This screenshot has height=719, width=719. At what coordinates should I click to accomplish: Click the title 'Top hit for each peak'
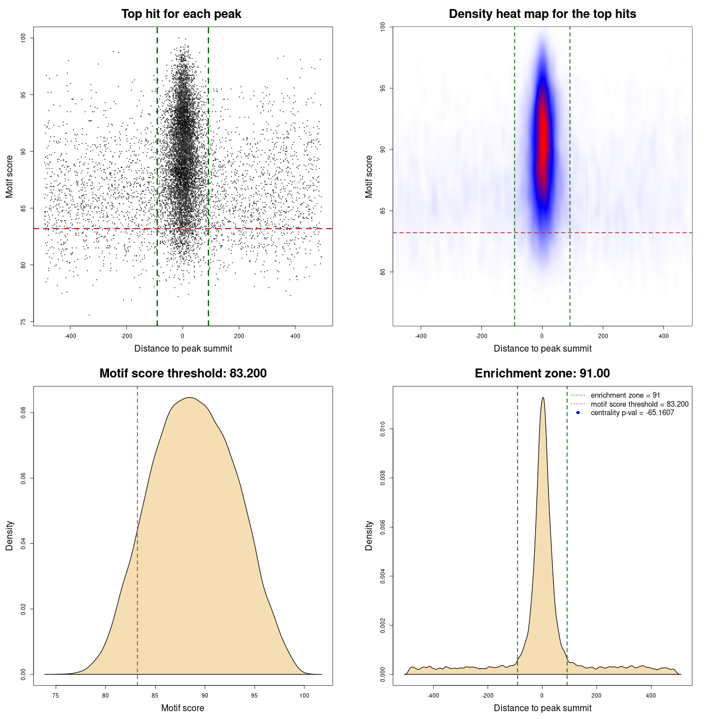[181, 14]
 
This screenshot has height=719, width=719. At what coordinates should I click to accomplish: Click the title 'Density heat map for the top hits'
[542, 14]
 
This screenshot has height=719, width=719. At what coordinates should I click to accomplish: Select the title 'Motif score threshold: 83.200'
[183, 374]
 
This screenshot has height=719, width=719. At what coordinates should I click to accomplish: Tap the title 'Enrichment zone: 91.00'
[542, 374]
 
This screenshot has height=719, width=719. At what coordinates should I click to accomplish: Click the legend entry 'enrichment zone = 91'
[625, 395]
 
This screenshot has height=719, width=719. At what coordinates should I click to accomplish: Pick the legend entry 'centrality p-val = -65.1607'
[632, 413]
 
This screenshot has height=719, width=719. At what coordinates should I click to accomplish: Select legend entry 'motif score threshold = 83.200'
[639, 404]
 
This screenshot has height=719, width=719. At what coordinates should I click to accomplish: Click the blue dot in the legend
[578, 413]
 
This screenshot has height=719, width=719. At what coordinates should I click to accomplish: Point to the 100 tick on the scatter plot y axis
[23, 38]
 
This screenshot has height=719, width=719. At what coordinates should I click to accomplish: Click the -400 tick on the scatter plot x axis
[70, 336]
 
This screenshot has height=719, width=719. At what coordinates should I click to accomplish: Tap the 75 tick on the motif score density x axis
[55, 696]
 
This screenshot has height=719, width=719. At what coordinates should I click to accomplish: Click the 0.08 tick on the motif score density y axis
[23, 413]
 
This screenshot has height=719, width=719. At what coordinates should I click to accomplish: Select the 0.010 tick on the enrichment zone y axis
[383, 430]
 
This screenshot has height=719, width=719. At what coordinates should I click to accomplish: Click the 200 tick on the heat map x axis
[603, 336]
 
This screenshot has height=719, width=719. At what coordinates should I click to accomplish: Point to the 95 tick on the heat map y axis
[383, 88]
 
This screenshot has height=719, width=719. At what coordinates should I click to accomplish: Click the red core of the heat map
[543, 140]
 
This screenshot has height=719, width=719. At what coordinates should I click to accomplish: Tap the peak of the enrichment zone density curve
[543, 398]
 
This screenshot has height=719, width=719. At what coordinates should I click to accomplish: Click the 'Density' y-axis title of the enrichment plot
[369, 535]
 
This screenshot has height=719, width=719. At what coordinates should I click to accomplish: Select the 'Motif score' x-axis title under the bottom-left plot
[183, 708]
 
